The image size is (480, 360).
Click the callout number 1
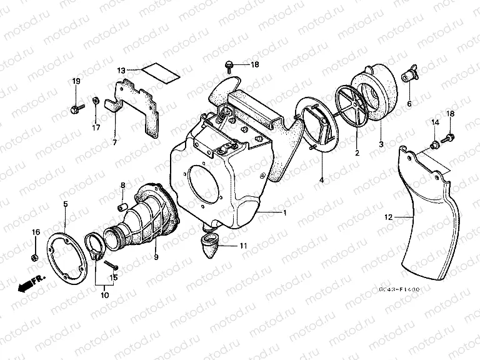pos(285,214)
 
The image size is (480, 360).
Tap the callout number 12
pos(388,217)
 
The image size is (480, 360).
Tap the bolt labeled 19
pos(76,109)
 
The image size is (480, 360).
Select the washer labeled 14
pos(433,146)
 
